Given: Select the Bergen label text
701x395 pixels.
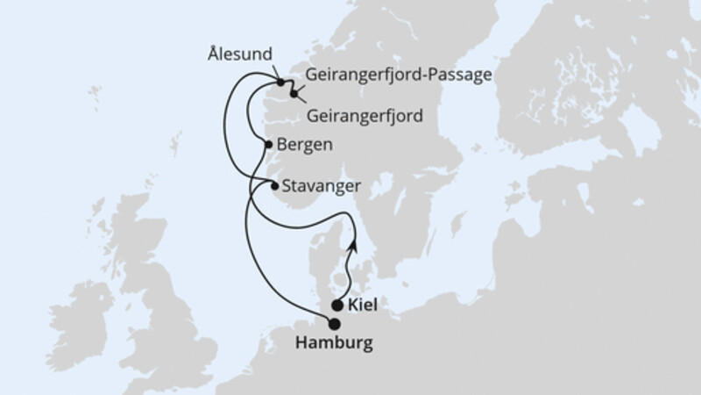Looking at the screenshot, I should (x=303, y=146).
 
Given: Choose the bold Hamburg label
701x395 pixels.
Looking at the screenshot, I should (x=333, y=342).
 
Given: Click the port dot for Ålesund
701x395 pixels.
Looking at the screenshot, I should (x=282, y=83).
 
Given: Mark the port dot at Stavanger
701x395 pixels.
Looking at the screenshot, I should (x=275, y=186).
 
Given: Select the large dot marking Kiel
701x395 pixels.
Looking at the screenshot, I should (x=338, y=305).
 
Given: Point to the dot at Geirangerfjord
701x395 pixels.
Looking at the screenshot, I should (x=294, y=90).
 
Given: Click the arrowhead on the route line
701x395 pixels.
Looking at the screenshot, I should (x=353, y=246).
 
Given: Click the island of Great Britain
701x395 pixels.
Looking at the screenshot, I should (x=158, y=290).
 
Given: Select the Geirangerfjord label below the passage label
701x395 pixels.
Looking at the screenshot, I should (x=365, y=115).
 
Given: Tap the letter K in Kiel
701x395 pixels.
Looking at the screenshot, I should (x=353, y=306).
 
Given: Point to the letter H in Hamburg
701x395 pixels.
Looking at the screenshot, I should (x=301, y=342).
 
